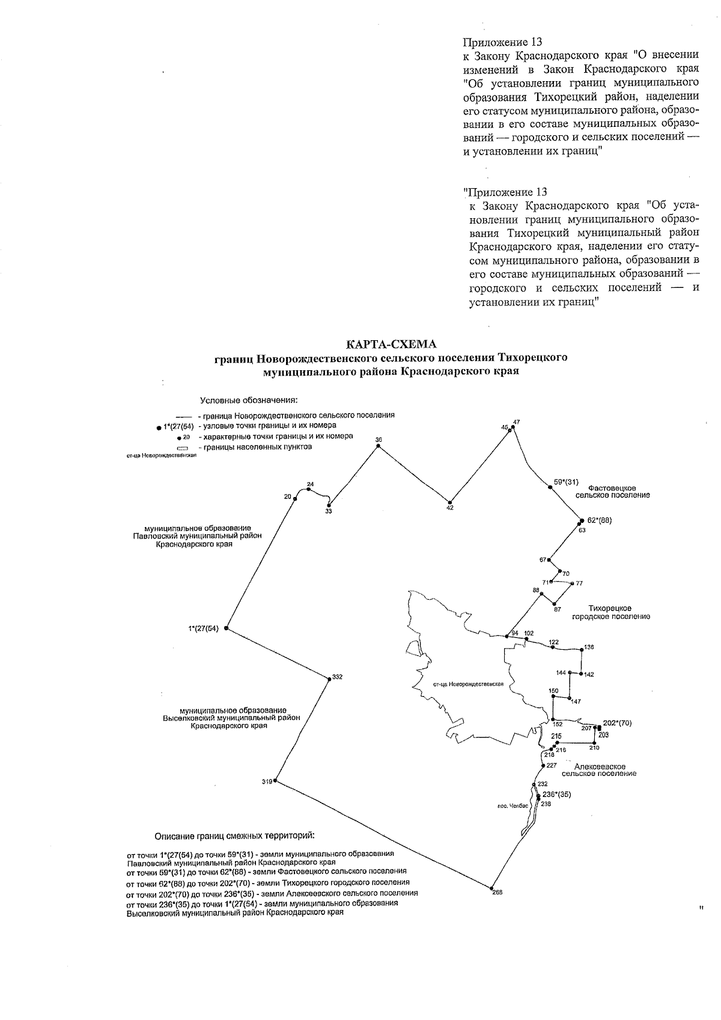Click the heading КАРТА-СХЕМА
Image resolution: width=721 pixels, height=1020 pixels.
[x=391, y=344]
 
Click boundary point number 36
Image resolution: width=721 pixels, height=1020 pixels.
[x=378, y=447]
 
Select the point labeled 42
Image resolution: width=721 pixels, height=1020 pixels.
[x=449, y=502]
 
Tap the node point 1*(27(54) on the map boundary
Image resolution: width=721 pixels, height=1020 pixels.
[x=226, y=628]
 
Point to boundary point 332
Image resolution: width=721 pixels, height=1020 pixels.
[x=328, y=677]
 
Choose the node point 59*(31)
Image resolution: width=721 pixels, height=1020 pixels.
[x=550, y=487]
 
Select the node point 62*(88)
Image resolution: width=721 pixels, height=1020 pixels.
[x=581, y=521]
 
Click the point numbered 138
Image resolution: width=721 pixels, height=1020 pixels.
[x=582, y=650]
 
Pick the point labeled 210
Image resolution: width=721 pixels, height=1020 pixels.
[x=594, y=743]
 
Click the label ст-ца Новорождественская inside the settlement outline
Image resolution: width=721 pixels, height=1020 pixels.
[x=467, y=685]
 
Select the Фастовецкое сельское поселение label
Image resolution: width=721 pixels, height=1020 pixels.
[x=612, y=491]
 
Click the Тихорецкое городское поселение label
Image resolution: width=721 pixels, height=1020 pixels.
[x=610, y=612]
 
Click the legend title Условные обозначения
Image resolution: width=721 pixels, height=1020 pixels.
[x=249, y=400]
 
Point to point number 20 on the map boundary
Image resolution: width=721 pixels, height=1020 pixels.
[x=294, y=498]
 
